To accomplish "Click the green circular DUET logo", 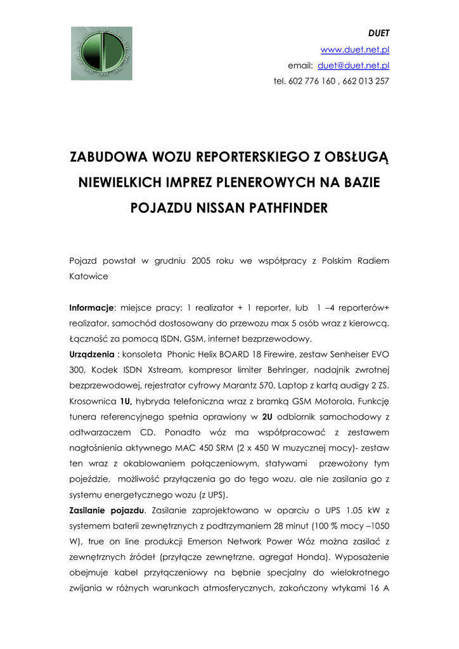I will pyautogui.click(x=101, y=53).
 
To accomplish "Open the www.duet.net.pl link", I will pyautogui.click(x=355, y=49).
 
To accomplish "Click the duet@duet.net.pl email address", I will pyautogui.click(x=353, y=65).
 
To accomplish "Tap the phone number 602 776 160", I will pyautogui.click(x=313, y=81).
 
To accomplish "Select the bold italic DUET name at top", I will pyautogui.click(x=379, y=34).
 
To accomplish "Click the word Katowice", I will pyautogui.click(x=89, y=276).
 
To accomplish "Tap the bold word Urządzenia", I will pyautogui.click(x=92, y=354).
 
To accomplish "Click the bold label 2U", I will pyautogui.click(x=267, y=416).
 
